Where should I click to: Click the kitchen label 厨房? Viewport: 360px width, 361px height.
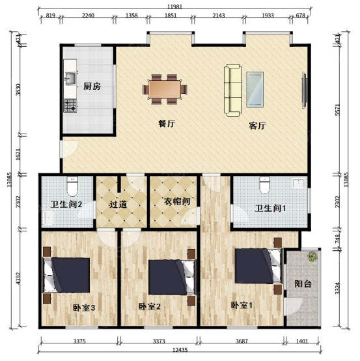click(x=92, y=87)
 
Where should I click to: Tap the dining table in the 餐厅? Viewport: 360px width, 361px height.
click(x=165, y=89)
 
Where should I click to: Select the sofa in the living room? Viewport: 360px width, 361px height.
click(x=233, y=90)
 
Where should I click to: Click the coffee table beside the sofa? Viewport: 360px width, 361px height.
click(x=255, y=89)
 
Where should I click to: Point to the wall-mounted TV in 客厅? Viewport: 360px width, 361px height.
click(x=304, y=90)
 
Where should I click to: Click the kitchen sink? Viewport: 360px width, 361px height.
click(x=70, y=78)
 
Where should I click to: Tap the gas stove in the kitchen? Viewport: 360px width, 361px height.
click(x=70, y=106)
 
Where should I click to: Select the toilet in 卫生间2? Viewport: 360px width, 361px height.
click(x=72, y=186)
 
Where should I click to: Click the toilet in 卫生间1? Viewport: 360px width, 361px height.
click(x=264, y=185)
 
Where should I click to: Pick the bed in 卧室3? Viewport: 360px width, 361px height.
click(x=66, y=275)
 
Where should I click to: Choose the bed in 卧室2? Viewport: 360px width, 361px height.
click(x=172, y=277)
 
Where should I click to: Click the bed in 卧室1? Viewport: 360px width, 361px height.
click(x=258, y=266)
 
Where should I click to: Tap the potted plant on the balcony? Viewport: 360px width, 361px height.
click(x=312, y=256)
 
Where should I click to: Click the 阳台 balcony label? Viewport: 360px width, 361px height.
click(x=303, y=283)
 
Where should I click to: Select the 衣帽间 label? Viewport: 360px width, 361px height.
click(x=177, y=201)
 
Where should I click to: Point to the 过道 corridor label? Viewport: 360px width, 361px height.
click(x=118, y=204)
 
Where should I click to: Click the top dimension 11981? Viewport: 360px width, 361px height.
click(x=174, y=7)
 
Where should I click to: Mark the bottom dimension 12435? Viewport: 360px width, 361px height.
click(x=180, y=350)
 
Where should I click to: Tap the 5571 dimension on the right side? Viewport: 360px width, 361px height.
click(x=337, y=110)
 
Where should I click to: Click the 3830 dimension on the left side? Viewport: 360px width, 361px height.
click(x=18, y=89)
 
